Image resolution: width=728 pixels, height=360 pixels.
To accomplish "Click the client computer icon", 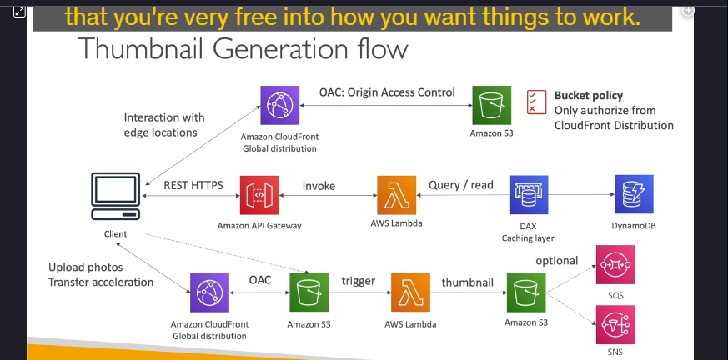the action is pos(116,197).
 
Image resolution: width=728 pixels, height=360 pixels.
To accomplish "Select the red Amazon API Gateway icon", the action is pos(259,195).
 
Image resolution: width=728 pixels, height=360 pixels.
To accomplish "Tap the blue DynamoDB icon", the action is pos(634,194).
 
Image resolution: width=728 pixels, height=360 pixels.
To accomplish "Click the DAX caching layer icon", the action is pos(529,195).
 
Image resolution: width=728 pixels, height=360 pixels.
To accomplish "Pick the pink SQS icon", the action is pos(615,264).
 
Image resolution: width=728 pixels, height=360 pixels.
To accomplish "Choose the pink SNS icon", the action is pos(615,324).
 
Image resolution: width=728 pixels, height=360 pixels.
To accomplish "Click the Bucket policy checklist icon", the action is pos(536,102).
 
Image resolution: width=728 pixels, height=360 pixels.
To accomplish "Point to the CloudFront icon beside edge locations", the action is pos(279,105).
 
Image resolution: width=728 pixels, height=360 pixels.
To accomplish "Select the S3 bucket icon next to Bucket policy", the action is pos(492,105).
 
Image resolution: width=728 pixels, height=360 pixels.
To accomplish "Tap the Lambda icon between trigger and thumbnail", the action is pos(410,292).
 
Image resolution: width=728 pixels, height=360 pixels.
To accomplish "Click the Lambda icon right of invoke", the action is pos(396,195).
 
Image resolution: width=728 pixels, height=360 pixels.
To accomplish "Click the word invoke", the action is pos(319,186).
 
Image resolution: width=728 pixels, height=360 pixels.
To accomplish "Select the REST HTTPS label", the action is pos(193,185).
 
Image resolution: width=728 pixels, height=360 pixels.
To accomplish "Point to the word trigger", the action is pos(359,281).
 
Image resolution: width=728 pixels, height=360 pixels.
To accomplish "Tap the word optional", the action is pos(557,261).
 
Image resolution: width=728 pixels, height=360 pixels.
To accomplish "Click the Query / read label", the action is pos(460,185).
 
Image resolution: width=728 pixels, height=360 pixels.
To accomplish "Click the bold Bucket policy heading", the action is pos(589,96).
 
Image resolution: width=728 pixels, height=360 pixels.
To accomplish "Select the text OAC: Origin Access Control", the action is pos(387,92).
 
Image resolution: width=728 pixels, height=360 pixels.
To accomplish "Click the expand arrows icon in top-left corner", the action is pos(19,12).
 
